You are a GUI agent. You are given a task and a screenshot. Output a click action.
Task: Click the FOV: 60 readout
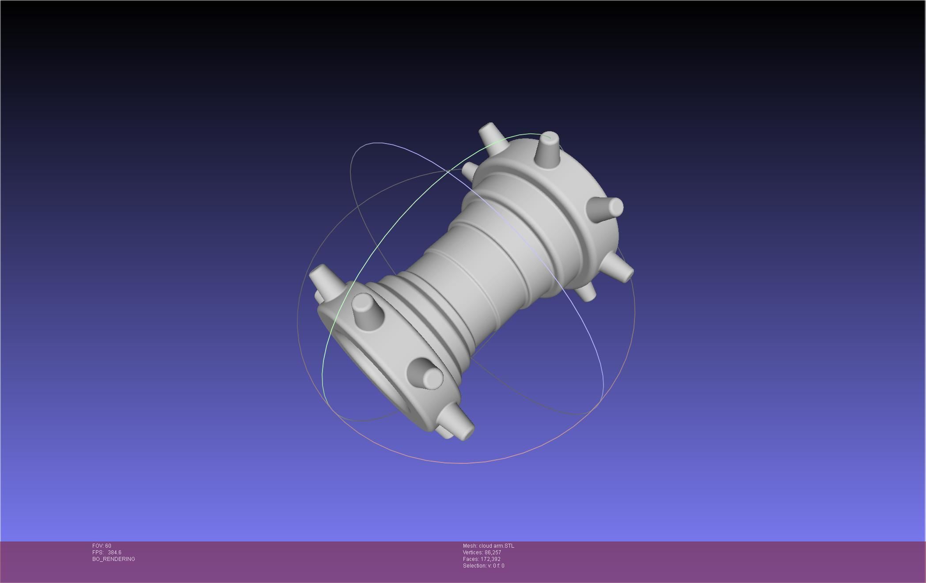(102, 546)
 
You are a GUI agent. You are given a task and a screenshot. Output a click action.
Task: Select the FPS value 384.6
(114, 553)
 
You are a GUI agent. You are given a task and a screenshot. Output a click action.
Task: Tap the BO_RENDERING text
(114, 559)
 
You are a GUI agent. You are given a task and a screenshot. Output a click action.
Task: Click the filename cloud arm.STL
(496, 546)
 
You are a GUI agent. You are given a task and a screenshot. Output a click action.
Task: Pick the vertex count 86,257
(493, 553)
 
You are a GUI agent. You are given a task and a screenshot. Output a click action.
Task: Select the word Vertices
(472, 553)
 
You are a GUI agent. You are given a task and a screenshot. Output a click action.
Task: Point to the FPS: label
(98, 553)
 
